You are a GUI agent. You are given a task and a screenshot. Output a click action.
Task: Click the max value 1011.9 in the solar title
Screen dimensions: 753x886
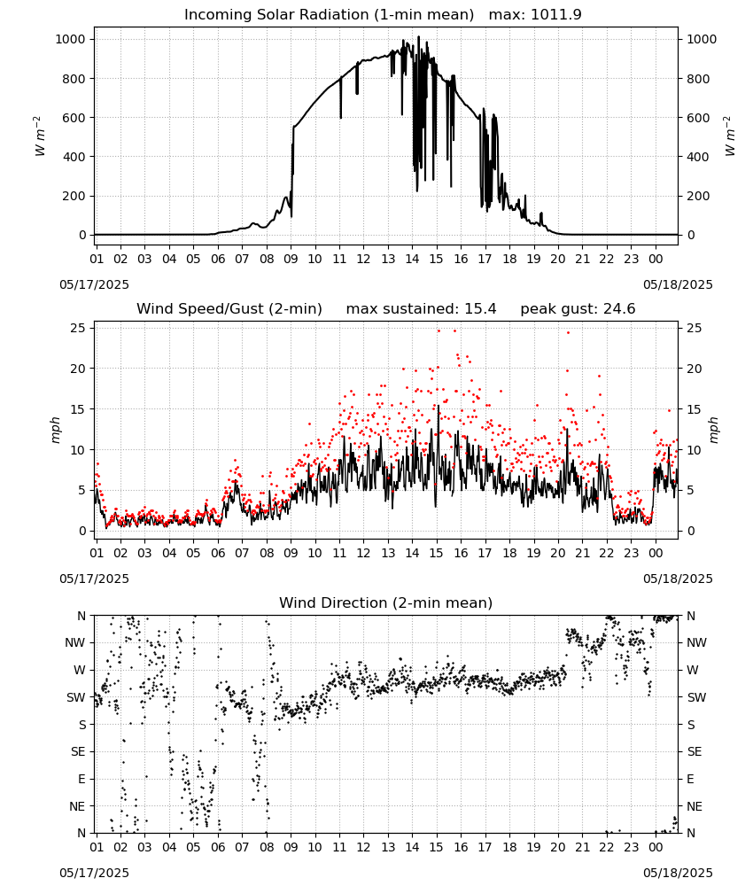tap(556, 14)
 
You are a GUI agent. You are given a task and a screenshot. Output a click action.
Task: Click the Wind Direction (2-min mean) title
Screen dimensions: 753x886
tap(386, 602)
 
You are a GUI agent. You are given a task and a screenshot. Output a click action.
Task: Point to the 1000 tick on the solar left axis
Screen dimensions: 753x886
tap(70, 39)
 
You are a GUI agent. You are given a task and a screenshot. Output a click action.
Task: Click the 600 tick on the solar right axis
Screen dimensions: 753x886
tap(698, 118)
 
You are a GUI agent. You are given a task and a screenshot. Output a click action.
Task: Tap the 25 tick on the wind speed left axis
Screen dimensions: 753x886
tap(79, 328)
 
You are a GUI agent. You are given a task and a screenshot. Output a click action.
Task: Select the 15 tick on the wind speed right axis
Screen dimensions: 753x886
tap(695, 409)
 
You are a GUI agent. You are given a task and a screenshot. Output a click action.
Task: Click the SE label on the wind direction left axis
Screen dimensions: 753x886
tap(78, 751)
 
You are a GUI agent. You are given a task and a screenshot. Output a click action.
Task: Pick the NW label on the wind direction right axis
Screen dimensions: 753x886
tap(696, 642)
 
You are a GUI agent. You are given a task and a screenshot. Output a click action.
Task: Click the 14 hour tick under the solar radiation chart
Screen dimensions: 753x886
tap(412, 259)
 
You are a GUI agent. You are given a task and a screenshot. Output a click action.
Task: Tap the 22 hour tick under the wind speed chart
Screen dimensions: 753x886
tap(606, 553)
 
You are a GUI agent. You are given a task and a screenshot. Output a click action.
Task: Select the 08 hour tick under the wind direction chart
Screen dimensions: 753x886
tap(266, 847)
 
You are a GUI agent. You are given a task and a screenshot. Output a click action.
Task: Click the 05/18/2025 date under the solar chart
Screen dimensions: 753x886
tap(678, 284)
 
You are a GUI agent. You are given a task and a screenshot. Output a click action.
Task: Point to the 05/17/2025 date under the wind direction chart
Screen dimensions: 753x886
tap(94, 873)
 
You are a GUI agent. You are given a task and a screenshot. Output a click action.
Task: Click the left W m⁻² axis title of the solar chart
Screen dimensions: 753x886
tap(39, 136)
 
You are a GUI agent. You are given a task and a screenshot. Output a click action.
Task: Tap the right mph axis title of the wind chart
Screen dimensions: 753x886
tap(713, 430)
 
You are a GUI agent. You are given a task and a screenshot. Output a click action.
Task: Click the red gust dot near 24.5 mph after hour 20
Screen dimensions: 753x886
tap(568, 332)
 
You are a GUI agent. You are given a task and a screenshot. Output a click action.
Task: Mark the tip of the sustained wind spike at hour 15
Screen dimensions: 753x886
tap(438, 405)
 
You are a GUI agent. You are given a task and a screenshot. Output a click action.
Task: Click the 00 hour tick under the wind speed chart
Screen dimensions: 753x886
tap(656, 553)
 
